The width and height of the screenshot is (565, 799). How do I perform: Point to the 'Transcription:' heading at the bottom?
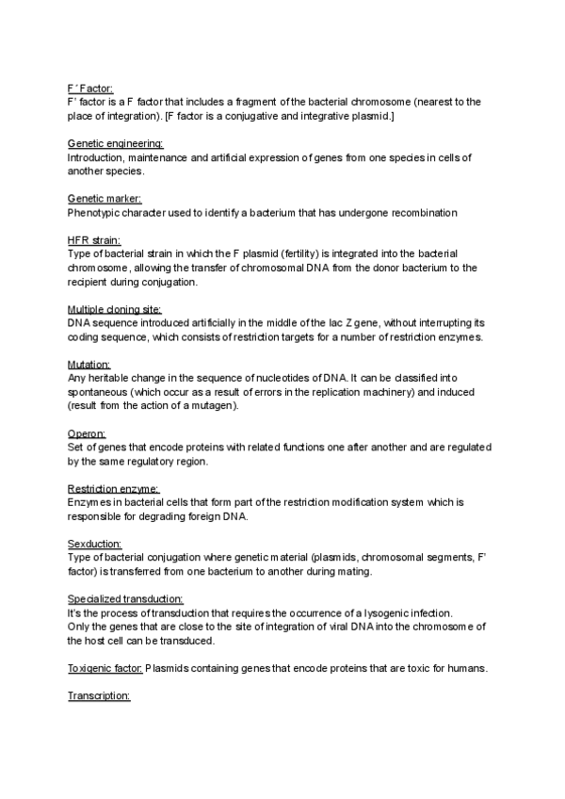(x=98, y=696)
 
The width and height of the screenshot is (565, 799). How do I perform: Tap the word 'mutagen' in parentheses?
(x=218, y=406)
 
